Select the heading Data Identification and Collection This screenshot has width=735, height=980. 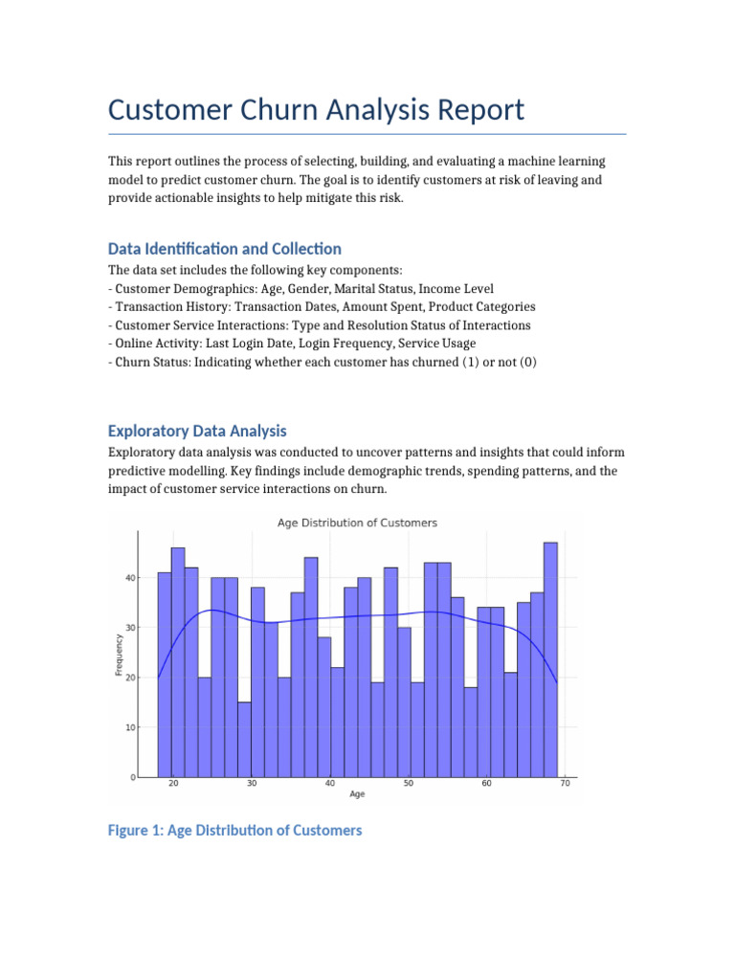point(224,249)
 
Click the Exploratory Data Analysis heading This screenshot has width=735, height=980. point(197,431)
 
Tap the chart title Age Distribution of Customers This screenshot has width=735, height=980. point(357,523)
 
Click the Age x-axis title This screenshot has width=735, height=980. point(356,794)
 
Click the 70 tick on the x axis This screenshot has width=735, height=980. point(565,784)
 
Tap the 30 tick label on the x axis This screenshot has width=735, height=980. point(252,784)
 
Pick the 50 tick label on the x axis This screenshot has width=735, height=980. point(409,784)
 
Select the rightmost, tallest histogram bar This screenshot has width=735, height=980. point(550,659)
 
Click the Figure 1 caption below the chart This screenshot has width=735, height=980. point(235,831)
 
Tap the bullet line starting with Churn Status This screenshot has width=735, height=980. point(316,362)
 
